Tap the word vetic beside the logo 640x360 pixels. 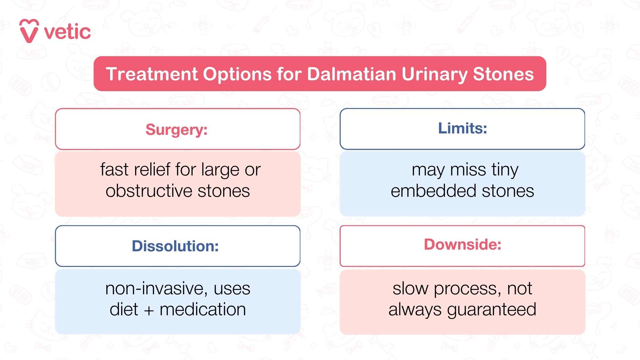(67, 32)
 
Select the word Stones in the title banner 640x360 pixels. (503, 74)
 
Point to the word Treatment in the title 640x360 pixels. (152, 74)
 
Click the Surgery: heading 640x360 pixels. (176, 129)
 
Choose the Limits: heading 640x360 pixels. (462, 128)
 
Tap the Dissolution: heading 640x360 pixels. (175, 246)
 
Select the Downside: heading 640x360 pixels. (462, 245)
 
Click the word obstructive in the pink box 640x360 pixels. (149, 191)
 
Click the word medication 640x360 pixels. (202, 310)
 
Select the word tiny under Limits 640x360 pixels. (505, 170)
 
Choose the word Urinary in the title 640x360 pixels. (434, 75)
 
